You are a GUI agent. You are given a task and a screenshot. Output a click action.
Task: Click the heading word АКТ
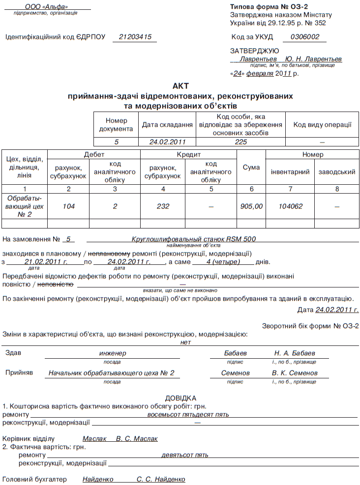[x=180, y=86]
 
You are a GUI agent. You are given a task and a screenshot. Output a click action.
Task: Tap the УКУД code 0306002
[x=305, y=37]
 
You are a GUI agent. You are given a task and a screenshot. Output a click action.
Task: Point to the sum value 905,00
[x=251, y=206]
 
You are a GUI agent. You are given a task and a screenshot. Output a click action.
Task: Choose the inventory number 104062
[x=290, y=206]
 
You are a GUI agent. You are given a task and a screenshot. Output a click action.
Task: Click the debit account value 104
[x=69, y=206]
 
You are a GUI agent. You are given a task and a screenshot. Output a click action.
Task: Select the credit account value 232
[x=163, y=206]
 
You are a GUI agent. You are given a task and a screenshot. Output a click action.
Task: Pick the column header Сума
[x=251, y=168]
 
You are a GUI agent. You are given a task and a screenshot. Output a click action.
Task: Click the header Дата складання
[x=167, y=125]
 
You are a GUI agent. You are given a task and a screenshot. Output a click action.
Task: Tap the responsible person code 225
[x=240, y=142]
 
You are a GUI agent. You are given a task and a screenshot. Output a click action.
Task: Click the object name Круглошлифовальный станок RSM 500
[x=194, y=239]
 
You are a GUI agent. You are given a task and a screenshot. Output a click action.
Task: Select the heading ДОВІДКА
[x=180, y=398]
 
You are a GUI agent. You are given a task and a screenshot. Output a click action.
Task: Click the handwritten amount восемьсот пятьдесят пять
[x=188, y=414]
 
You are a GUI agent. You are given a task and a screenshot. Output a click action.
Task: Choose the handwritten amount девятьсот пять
[x=185, y=455]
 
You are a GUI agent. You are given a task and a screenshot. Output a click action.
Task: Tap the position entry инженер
[x=113, y=353]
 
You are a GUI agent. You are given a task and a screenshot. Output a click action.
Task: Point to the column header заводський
[x=337, y=172]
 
